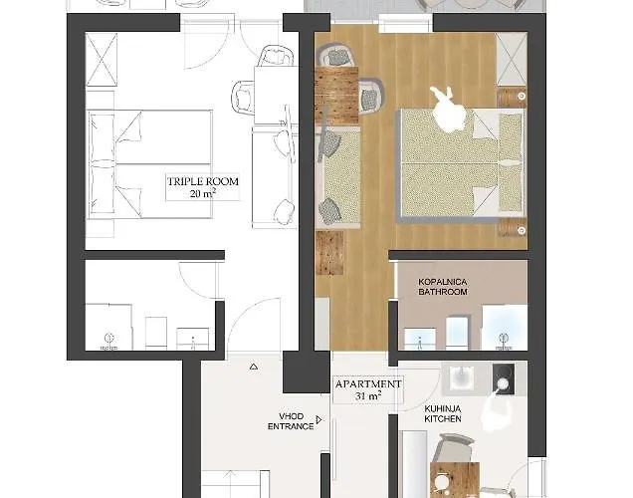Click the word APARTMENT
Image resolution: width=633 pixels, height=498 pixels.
coord(368,383)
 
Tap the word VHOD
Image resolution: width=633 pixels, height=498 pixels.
coord(291,416)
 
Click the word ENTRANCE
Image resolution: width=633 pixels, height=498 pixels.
coord(291,427)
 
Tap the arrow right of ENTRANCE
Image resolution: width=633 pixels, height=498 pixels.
coord(319,421)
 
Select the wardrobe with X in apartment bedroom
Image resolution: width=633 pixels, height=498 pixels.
coord(510,61)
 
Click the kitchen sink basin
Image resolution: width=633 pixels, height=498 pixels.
coord(464,378)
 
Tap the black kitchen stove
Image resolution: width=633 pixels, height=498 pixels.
coord(504,379)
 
